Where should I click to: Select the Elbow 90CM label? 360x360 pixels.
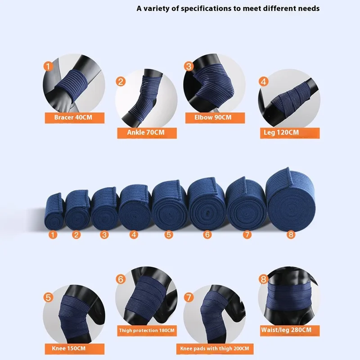215,118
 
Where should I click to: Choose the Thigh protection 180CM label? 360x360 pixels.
147,331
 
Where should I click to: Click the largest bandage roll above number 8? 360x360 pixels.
290,200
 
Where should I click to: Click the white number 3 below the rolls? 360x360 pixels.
104,234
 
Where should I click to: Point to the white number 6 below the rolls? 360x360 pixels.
207,234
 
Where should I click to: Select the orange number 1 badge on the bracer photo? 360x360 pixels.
48,66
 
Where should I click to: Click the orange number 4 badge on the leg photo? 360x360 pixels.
264,82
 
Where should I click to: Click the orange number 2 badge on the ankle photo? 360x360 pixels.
121,82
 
